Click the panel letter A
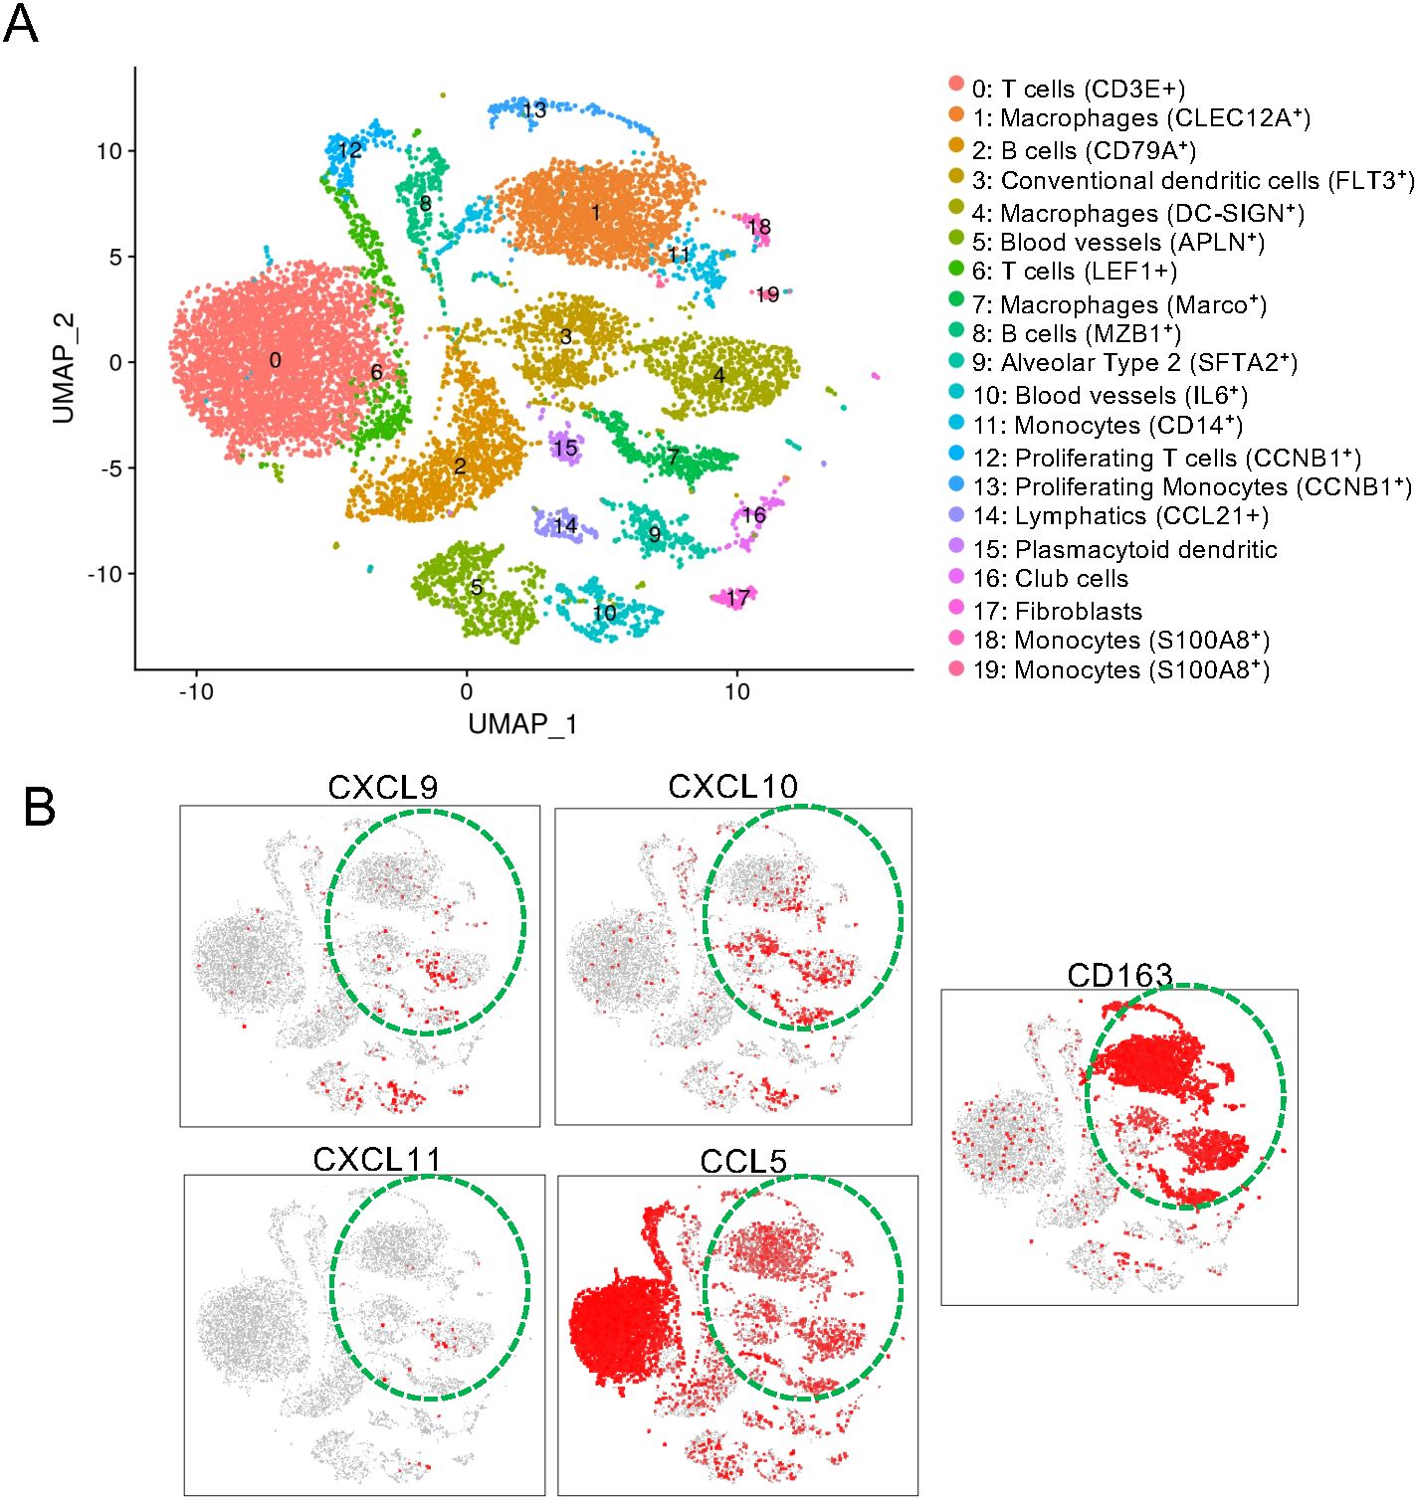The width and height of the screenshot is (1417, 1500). coord(21,24)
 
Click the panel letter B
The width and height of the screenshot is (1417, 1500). coord(39,807)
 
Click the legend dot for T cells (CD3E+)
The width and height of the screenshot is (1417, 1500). coord(956,85)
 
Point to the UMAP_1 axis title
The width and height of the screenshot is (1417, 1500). coord(522,723)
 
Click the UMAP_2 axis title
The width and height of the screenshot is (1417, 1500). coord(64,368)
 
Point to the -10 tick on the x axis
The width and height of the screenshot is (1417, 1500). coord(196,691)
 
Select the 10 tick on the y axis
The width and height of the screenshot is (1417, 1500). coord(109,151)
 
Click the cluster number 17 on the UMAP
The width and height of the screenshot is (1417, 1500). coord(737,598)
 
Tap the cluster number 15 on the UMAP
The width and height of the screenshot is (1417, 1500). coord(565,448)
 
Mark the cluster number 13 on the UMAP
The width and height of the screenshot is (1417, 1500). coord(534,109)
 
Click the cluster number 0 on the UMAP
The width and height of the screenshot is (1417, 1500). coord(276,360)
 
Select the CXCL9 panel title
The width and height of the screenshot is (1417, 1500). coord(382,788)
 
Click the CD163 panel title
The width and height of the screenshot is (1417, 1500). coord(1119,975)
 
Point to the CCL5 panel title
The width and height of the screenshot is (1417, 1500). coord(743,1161)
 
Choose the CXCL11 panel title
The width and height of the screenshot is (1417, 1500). coord(376,1160)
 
